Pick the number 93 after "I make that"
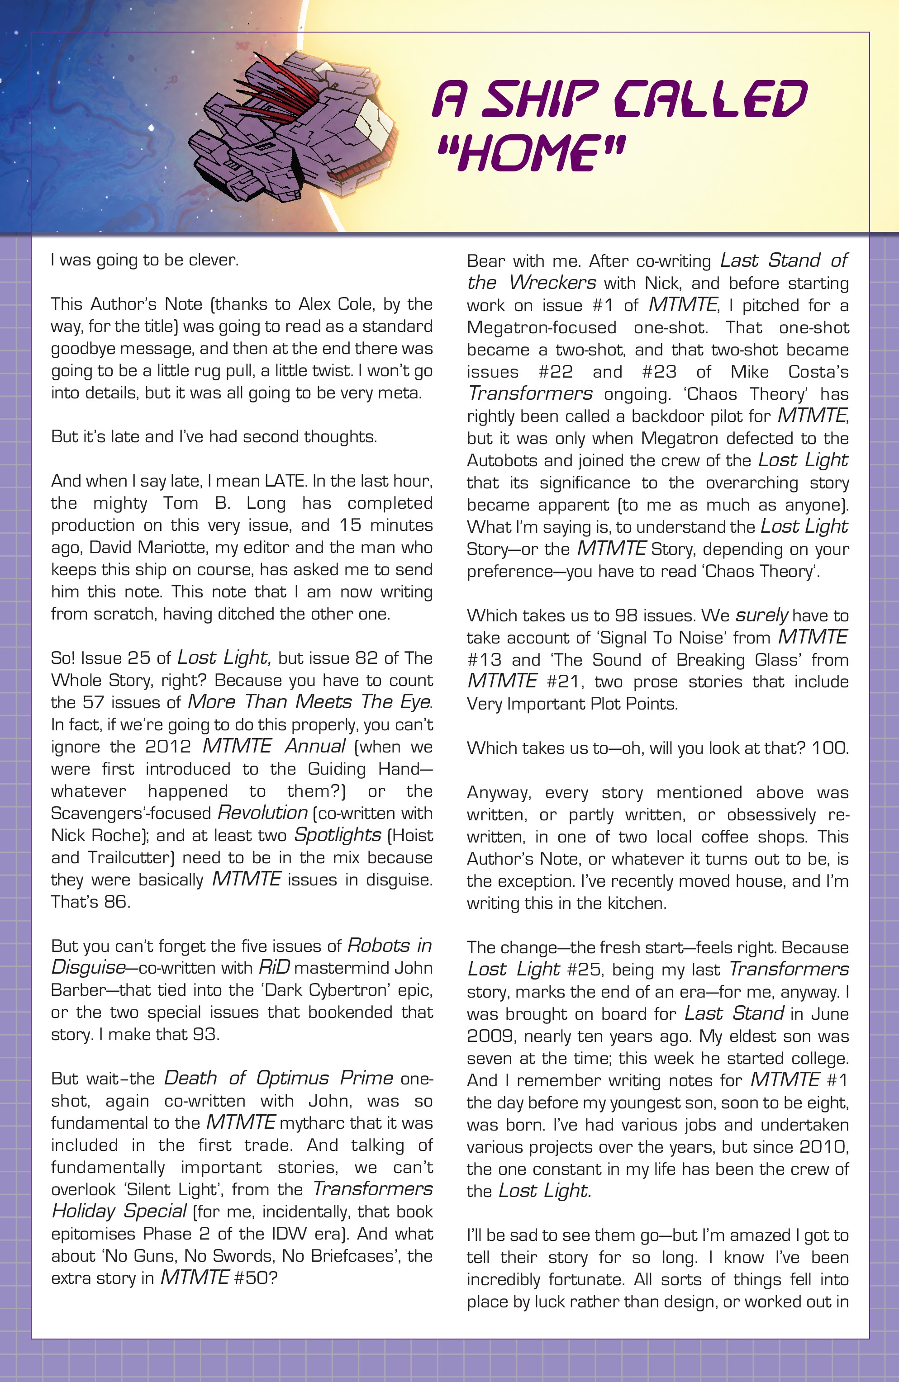click(205, 1034)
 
